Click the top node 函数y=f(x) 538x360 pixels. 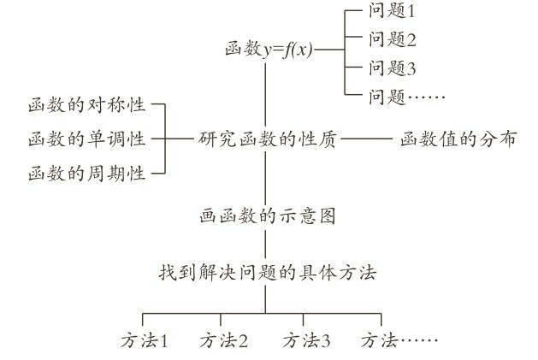(x=268, y=50)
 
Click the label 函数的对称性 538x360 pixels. (x=86, y=107)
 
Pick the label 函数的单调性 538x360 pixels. (x=86, y=139)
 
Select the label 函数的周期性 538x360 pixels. (x=86, y=174)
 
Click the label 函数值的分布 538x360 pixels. (x=458, y=139)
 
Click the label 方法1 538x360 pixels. (x=143, y=341)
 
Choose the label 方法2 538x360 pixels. (x=224, y=341)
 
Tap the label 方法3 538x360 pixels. (x=306, y=341)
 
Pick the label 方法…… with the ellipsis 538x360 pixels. (x=399, y=341)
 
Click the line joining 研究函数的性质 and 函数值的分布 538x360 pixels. (x=365, y=139)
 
